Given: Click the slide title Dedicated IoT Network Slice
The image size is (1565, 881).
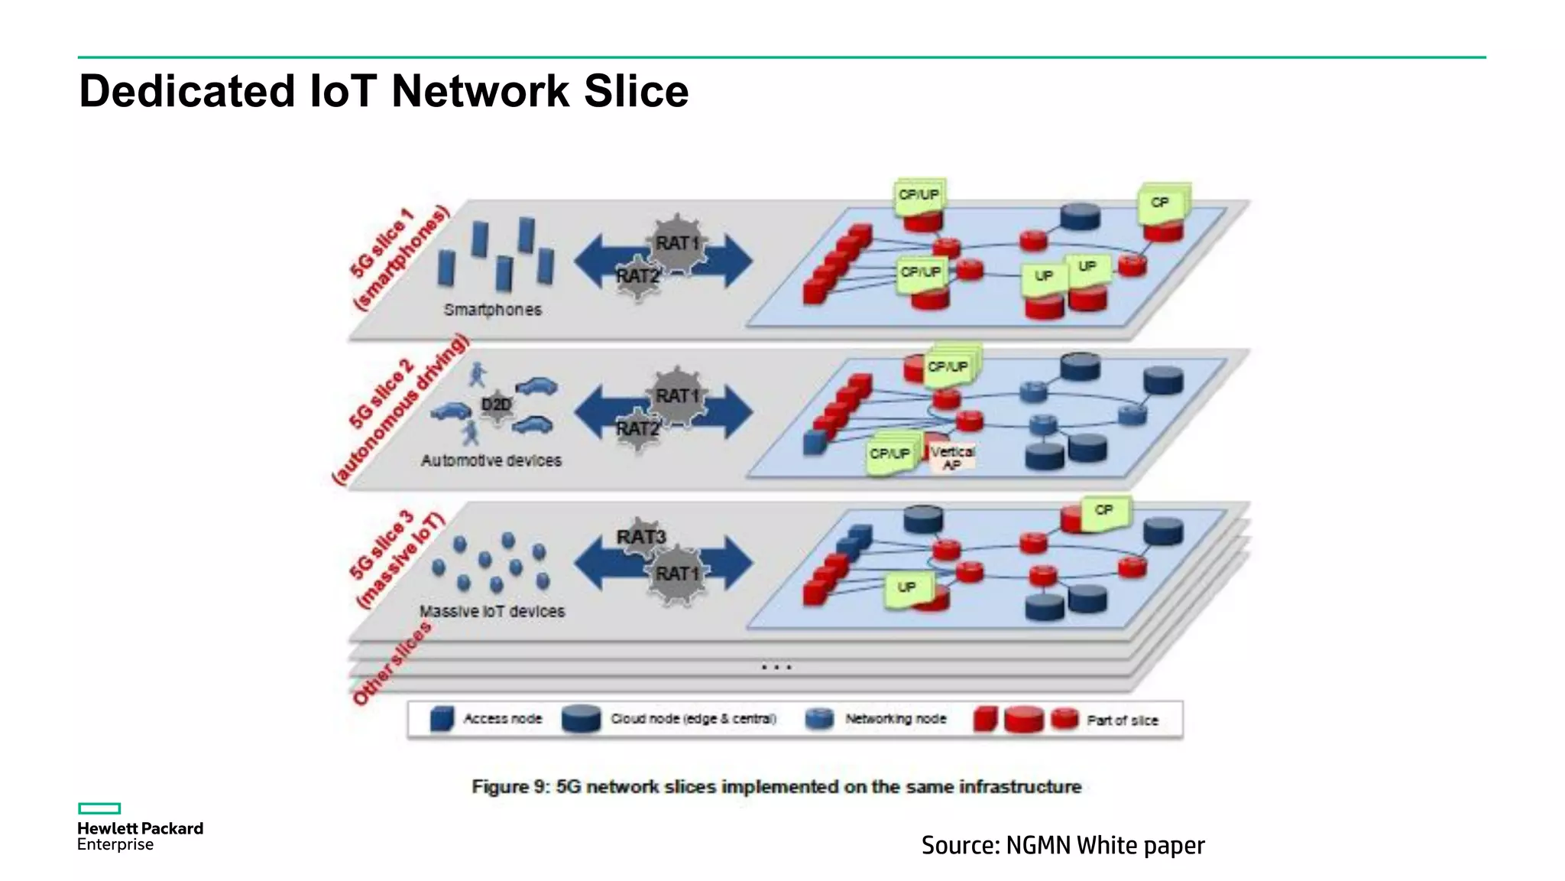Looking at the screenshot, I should pos(384,91).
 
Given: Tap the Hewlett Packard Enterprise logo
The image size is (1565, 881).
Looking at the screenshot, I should pos(139,828).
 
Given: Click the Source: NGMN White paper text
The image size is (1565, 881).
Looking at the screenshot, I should pos(1062,845).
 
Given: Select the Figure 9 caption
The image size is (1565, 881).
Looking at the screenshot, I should pos(776,787).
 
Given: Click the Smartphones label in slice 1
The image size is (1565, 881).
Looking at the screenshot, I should pos(493,310).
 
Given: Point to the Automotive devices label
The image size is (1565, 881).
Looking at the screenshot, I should pos(491,460).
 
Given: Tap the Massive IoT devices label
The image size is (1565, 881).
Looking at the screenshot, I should pos(492,611).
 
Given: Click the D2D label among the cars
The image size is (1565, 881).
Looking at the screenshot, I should pos(496,405).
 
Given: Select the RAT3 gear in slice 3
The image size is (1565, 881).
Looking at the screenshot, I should pos(640,537).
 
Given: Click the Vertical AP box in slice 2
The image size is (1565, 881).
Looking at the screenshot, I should pos(952,457).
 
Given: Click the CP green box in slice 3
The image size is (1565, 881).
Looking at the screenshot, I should pos(1104,511).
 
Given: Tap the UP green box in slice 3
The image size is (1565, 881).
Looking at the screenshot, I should pos(907,588).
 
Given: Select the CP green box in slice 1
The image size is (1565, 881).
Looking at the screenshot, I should pos(1161,203).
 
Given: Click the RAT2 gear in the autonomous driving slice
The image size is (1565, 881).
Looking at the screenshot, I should pos(638,429).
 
